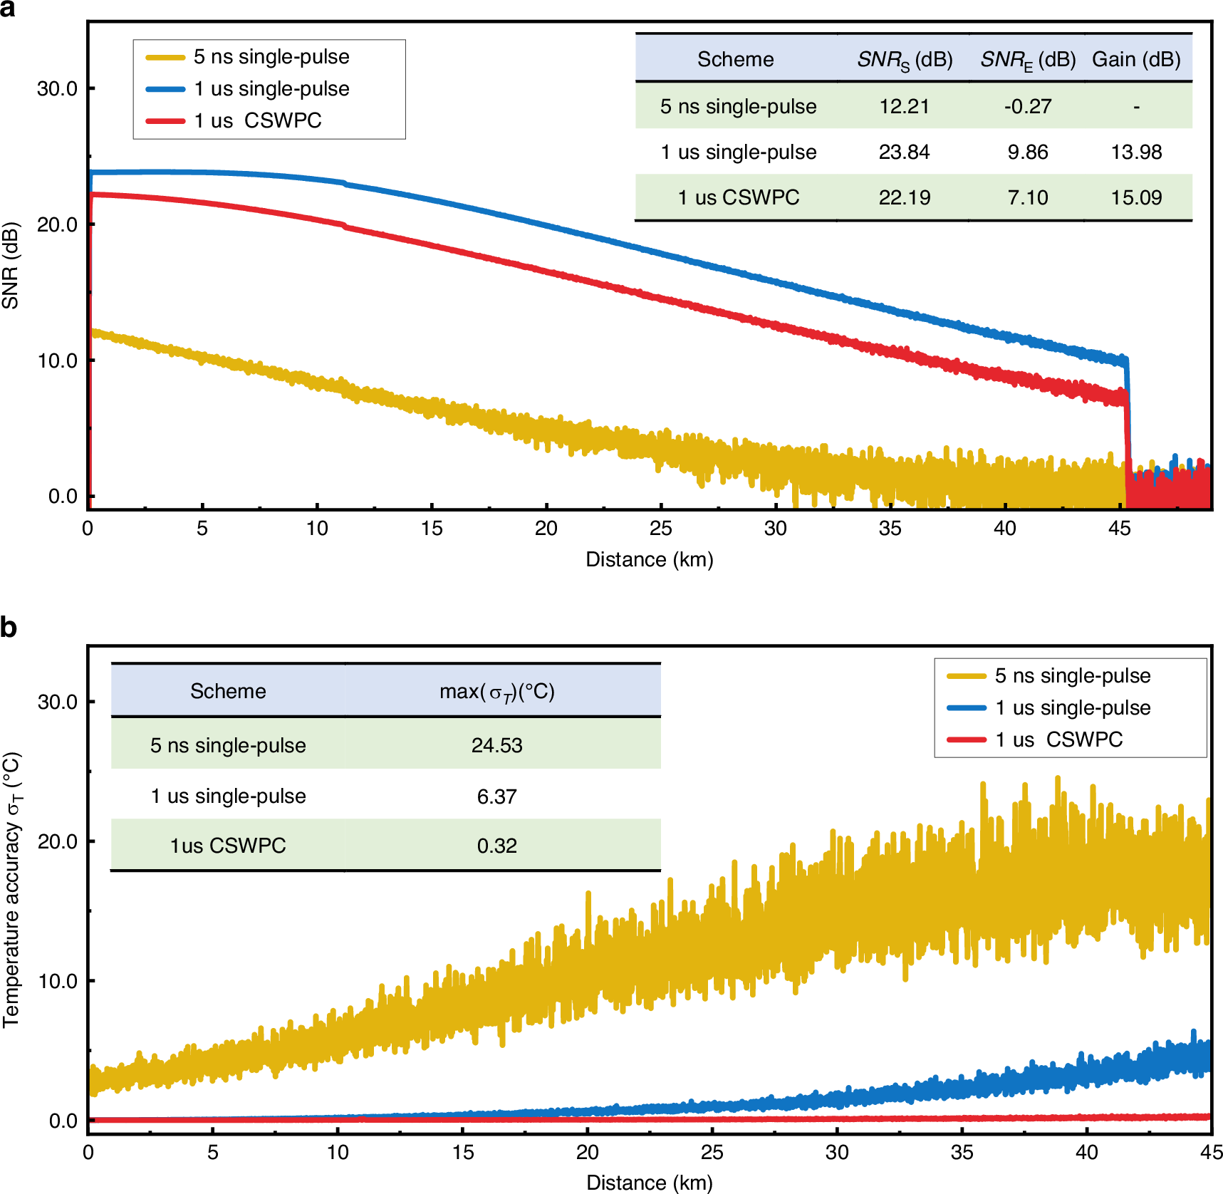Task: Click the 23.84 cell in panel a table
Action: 904,152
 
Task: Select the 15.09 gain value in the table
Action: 1136,197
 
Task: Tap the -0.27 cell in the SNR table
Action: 1027,106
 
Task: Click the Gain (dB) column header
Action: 1136,59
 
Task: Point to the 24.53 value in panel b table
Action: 496,745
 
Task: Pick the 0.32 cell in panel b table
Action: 496,846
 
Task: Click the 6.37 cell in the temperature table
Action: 496,796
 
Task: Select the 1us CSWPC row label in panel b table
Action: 227,846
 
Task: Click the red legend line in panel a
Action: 165,121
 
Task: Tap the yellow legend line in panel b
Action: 966,676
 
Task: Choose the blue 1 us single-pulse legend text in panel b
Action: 1073,707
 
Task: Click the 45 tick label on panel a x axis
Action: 1119,529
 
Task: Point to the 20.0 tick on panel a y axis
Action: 57,224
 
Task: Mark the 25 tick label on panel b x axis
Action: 712,1153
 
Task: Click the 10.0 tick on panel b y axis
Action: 57,981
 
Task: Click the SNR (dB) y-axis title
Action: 10,266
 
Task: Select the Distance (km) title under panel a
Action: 649,559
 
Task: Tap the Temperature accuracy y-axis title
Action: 11,890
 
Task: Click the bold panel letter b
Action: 9,628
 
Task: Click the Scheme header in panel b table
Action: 227,691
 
